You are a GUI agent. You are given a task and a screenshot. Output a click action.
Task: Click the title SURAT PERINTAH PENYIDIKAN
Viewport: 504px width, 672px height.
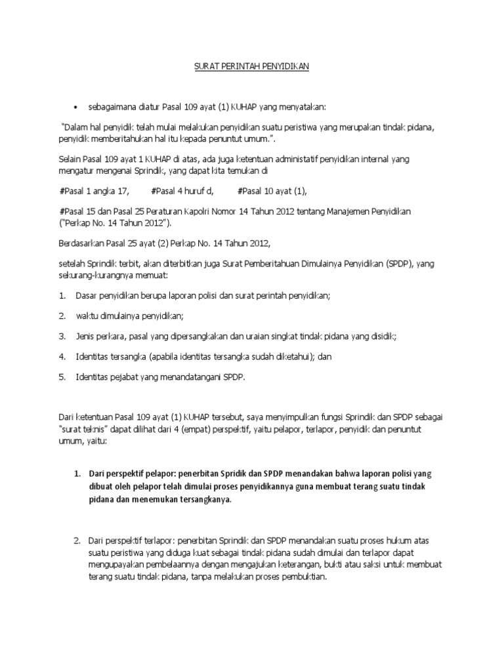coord(253,66)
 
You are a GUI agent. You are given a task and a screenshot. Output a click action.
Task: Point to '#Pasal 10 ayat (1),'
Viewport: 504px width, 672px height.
coord(272,191)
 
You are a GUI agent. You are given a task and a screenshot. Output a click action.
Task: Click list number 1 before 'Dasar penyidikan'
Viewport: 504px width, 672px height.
coord(62,296)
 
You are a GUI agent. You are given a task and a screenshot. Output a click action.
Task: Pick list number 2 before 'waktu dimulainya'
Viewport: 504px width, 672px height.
coord(62,316)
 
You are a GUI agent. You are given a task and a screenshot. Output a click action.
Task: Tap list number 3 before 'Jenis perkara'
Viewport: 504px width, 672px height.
coord(62,336)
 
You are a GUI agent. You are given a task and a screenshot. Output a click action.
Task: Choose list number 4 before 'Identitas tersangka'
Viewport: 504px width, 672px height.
coord(62,356)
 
